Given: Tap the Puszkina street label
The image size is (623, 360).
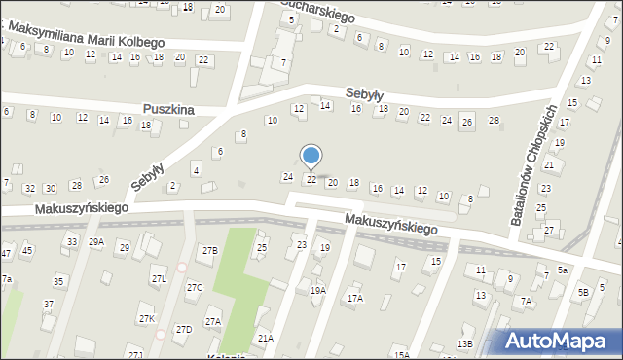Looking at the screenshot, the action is pyautogui.click(x=167, y=110).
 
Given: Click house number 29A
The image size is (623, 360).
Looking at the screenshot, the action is pyautogui.click(x=95, y=242).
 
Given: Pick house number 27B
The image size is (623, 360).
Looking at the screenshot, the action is pyautogui.click(x=210, y=251).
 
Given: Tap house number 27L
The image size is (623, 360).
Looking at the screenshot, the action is pyautogui.click(x=159, y=280).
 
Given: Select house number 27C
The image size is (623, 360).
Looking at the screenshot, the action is pyautogui.click(x=195, y=287).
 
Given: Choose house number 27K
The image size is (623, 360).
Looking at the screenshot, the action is pyautogui.click(x=147, y=318).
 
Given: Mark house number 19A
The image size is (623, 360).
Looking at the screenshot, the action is pyautogui.click(x=317, y=290).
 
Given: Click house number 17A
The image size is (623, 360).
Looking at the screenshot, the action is pyautogui.click(x=354, y=299).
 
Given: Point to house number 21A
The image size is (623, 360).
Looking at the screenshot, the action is pyautogui.click(x=265, y=338).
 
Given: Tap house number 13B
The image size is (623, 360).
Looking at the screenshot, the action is pyautogui.click(x=465, y=343).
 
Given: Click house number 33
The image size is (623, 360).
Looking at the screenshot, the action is pyautogui.click(x=71, y=241).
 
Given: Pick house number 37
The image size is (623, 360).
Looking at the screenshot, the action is pyautogui.click(x=49, y=305).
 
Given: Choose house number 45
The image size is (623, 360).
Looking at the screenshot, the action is pyautogui.click(x=27, y=251).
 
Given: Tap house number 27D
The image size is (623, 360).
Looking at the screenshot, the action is pyautogui.click(x=184, y=329).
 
